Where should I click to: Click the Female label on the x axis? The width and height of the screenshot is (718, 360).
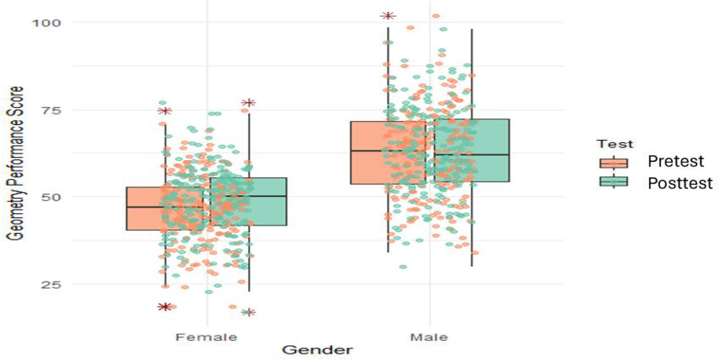coord(207,337)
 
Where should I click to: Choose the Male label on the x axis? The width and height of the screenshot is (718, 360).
coord(430,337)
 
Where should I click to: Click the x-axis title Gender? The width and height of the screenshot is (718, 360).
coord(318,350)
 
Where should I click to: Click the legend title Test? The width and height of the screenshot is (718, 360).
coord(614,144)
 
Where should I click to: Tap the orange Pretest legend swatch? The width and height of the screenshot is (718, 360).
coord(614,162)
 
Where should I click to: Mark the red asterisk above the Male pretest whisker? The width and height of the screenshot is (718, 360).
coord(388,16)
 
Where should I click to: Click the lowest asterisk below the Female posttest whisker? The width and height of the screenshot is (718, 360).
coord(249,312)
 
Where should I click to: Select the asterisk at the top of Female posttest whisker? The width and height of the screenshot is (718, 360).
coord(248,103)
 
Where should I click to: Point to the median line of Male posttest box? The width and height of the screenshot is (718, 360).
coord(471,154)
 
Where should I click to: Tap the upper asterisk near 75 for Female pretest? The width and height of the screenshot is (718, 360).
coord(165,111)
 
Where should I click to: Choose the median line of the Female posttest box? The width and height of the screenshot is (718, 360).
coord(248,196)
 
